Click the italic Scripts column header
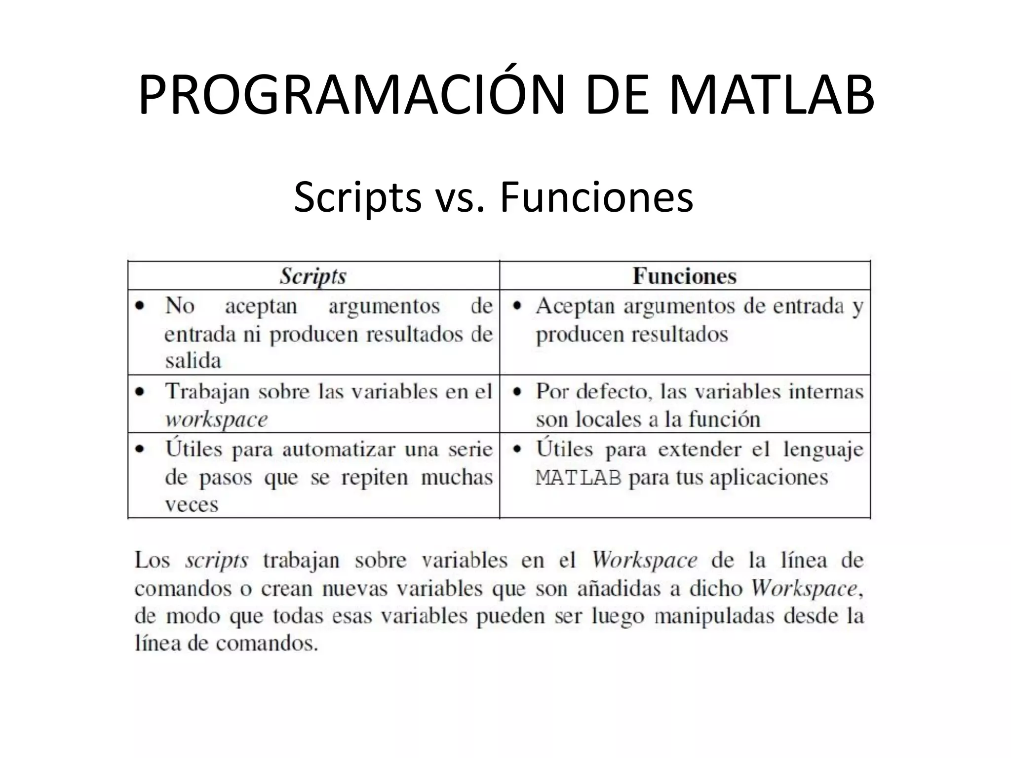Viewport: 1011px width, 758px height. click(313, 276)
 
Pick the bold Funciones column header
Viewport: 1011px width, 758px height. click(684, 276)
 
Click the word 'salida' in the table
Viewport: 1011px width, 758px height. click(193, 361)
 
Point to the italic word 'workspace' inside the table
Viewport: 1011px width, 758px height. click(216, 419)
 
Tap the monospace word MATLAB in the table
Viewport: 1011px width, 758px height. click(578, 478)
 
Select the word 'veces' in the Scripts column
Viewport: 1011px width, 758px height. click(192, 505)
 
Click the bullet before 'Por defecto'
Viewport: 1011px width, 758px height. click(517, 392)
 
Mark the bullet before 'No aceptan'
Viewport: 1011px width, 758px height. click(140, 306)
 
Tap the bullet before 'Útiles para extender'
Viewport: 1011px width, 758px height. click(517, 450)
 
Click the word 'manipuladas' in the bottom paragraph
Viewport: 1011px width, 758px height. click(714, 616)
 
